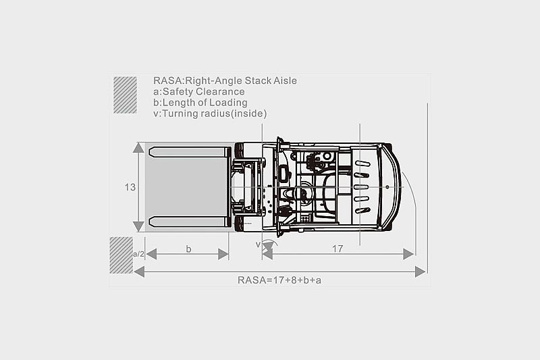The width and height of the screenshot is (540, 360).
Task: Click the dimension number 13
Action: tap(130, 187)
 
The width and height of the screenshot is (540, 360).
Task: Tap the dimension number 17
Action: tap(337, 249)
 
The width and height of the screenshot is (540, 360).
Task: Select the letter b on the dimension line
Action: tap(188, 249)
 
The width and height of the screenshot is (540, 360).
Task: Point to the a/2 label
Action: tap(138, 254)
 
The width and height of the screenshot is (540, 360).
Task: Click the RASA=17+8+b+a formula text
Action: tap(279, 280)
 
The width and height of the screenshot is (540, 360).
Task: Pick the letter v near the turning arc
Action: tap(258, 245)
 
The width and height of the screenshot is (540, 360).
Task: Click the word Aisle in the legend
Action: tap(285, 80)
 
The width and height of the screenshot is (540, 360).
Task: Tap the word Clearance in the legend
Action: tap(220, 92)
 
